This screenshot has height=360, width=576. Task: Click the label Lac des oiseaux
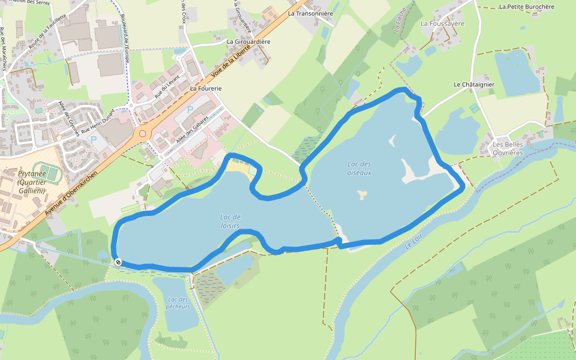pyautogui.click(x=359, y=168)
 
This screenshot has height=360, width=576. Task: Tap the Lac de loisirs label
pyautogui.click(x=230, y=221)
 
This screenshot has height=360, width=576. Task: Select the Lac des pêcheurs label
pyautogui.click(x=178, y=303)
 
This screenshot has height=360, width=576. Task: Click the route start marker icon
pyautogui.click(x=119, y=262)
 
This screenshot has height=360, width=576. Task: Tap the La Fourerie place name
pyautogui.click(x=206, y=88)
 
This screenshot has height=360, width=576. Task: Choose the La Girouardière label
pyautogui.click(x=248, y=42)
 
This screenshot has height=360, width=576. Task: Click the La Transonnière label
pyautogui.click(x=310, y=13)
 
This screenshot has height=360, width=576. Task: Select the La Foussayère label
pyautogui.click(x=443, y=24)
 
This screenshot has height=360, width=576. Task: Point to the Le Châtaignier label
pyautogui.click(x=474, y=85)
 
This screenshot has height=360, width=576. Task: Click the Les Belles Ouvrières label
pyautogui.click(x=508, y=149)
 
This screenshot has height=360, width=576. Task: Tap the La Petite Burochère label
pyautogui.click(x=527, y=7)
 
